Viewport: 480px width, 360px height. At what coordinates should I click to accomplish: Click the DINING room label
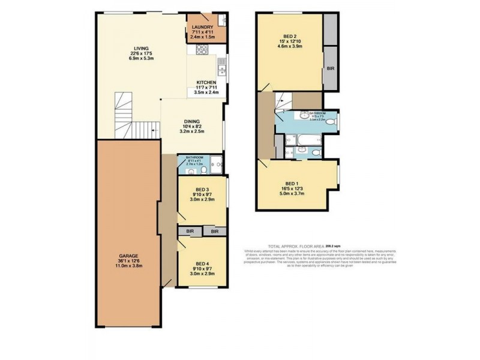pos(192,121)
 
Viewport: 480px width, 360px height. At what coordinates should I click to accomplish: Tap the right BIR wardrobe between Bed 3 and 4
pos(214,231)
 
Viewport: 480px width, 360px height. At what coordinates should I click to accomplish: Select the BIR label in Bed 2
pos(331,69)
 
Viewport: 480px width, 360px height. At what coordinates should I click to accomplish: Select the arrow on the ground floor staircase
pos(154,128)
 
